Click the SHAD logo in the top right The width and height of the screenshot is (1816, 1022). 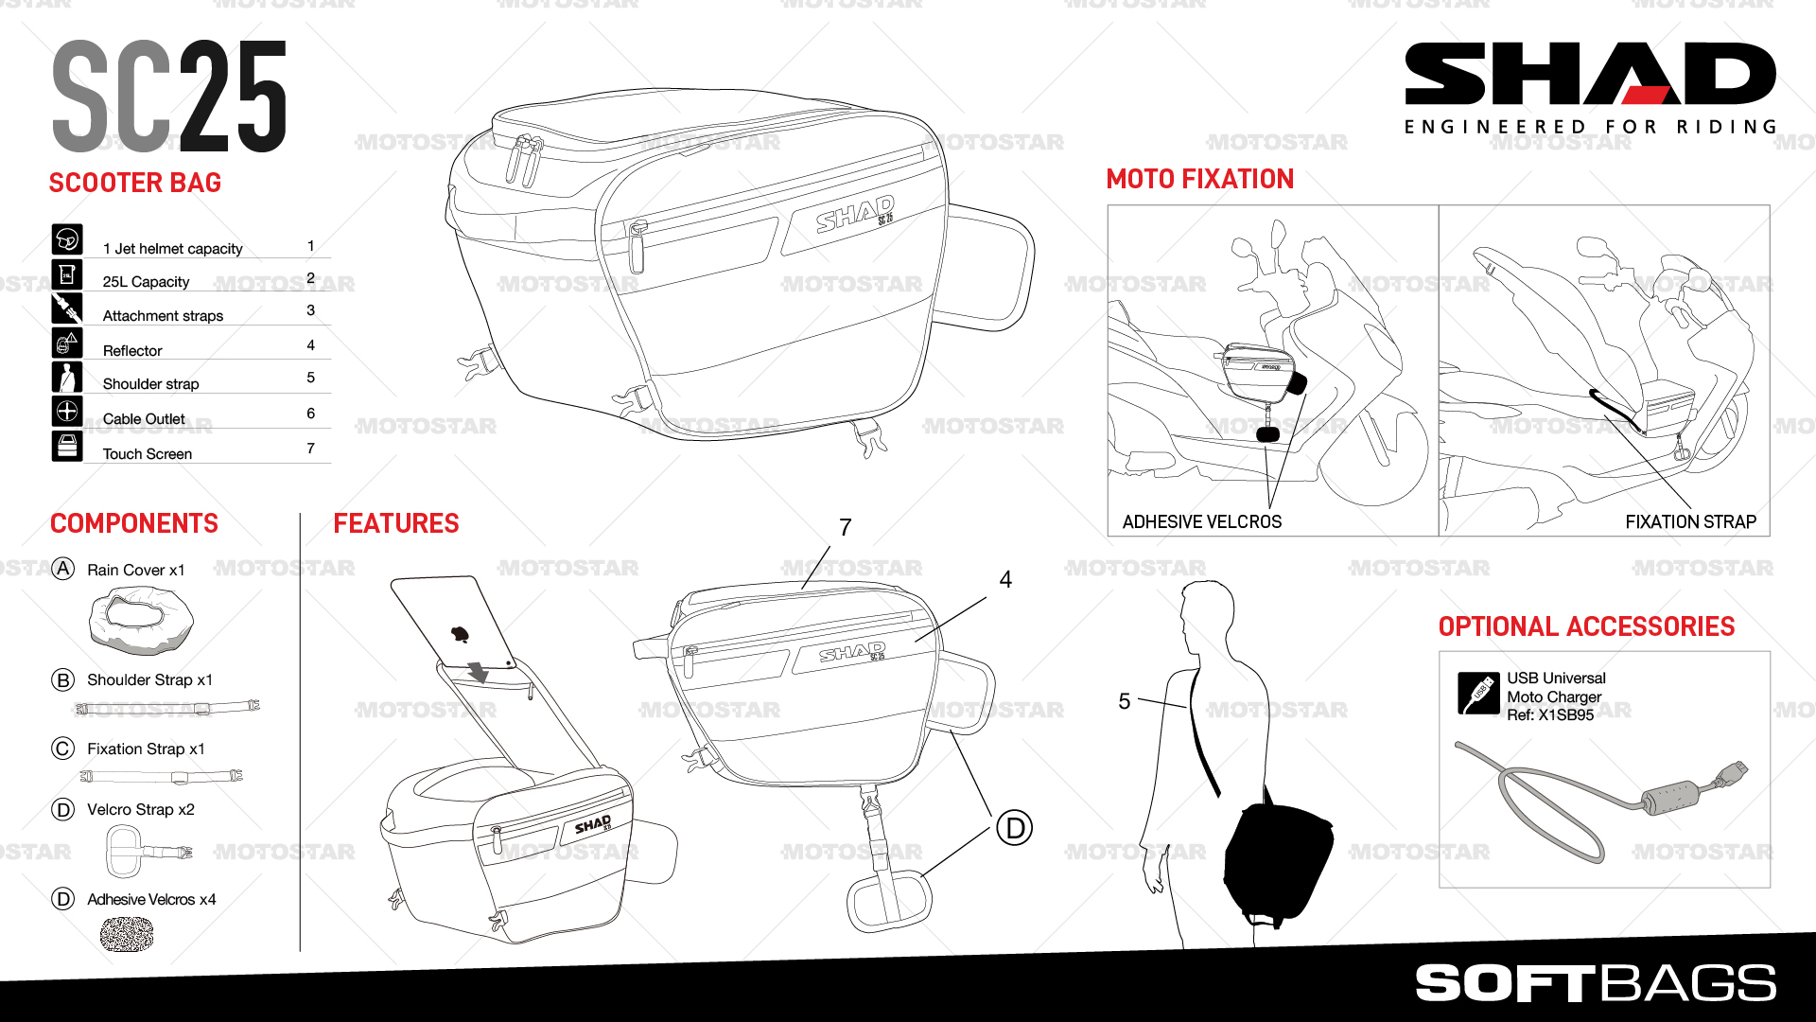tap(1589, 74)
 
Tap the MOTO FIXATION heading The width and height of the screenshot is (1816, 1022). tap(1199, 179)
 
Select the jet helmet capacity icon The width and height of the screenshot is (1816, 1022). tap(67, 239)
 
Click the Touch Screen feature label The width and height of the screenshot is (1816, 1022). tap(148, 454)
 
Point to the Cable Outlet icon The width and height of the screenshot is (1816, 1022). tap(67, 412)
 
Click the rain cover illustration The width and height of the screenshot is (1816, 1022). tap(141, 620)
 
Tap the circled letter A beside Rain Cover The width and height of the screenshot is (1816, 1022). tap(62, 569)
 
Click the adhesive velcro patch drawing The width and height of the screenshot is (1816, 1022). tap(127, 935)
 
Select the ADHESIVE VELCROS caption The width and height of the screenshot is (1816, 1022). tap(1201, 521)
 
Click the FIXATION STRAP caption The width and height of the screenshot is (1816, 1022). tap(1690, 521)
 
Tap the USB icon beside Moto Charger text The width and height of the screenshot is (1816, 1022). tap(1478, 694)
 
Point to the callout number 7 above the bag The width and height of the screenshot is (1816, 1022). tap(846, 527)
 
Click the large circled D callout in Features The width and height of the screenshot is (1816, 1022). tap(1015, 828)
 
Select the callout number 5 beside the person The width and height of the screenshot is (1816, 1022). tap(1125, 701)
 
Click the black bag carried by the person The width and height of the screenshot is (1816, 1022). tap(1277, 861)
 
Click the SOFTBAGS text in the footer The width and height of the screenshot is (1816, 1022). tap(1596, 983)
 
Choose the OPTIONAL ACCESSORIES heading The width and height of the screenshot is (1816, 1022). tap(1586, 626)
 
